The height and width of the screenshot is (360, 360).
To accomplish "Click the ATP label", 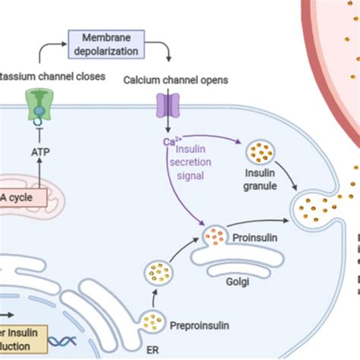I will click(x=39, y=152).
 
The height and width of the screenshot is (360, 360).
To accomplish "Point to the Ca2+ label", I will click(x=170, y=141).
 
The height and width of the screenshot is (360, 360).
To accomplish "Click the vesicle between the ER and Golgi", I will click(x=160, y=271).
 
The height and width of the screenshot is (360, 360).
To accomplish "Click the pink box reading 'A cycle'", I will click(x=23, y=199).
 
